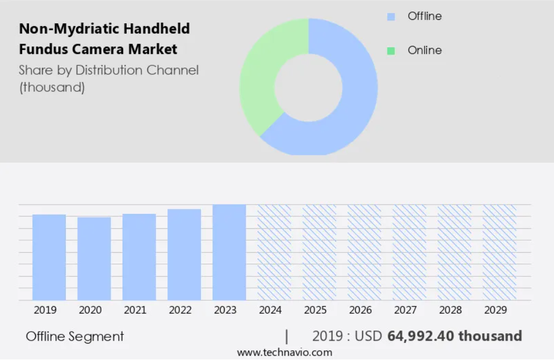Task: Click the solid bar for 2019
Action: coord(49,257)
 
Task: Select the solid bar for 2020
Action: coord(94,258)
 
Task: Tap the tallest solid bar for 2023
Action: coord(229,252)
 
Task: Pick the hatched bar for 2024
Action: coord(274,252)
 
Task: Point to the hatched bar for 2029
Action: coord(500,252)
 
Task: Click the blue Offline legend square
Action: coord(391,16)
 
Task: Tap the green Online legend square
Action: coord(391,51)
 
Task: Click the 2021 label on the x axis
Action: coord(135,310)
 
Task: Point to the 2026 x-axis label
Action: coord(360,310)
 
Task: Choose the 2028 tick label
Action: coord(451,310)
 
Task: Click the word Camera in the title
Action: coord(98,49)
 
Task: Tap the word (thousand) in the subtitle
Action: coord(52,87)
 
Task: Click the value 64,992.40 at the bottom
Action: coord(420,336)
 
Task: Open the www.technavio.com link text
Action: coord(285,353)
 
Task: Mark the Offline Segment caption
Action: coord(74,336)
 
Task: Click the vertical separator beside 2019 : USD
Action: coord(287,336)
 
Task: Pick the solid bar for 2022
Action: coord(184,255)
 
